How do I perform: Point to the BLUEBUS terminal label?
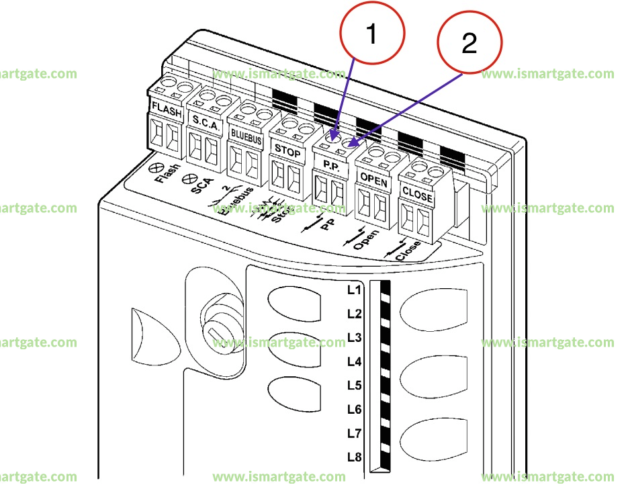(246, 134)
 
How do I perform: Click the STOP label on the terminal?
(288, 152)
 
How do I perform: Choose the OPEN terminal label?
(374, 179)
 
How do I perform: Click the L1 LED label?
(354, 290)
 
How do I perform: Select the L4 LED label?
(354, 361)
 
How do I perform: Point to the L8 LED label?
(354, 457)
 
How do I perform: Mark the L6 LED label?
(354, 409)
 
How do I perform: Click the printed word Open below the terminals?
(366, 240)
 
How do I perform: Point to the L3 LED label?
(354, 337)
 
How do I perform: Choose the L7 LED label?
(354, 433)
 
